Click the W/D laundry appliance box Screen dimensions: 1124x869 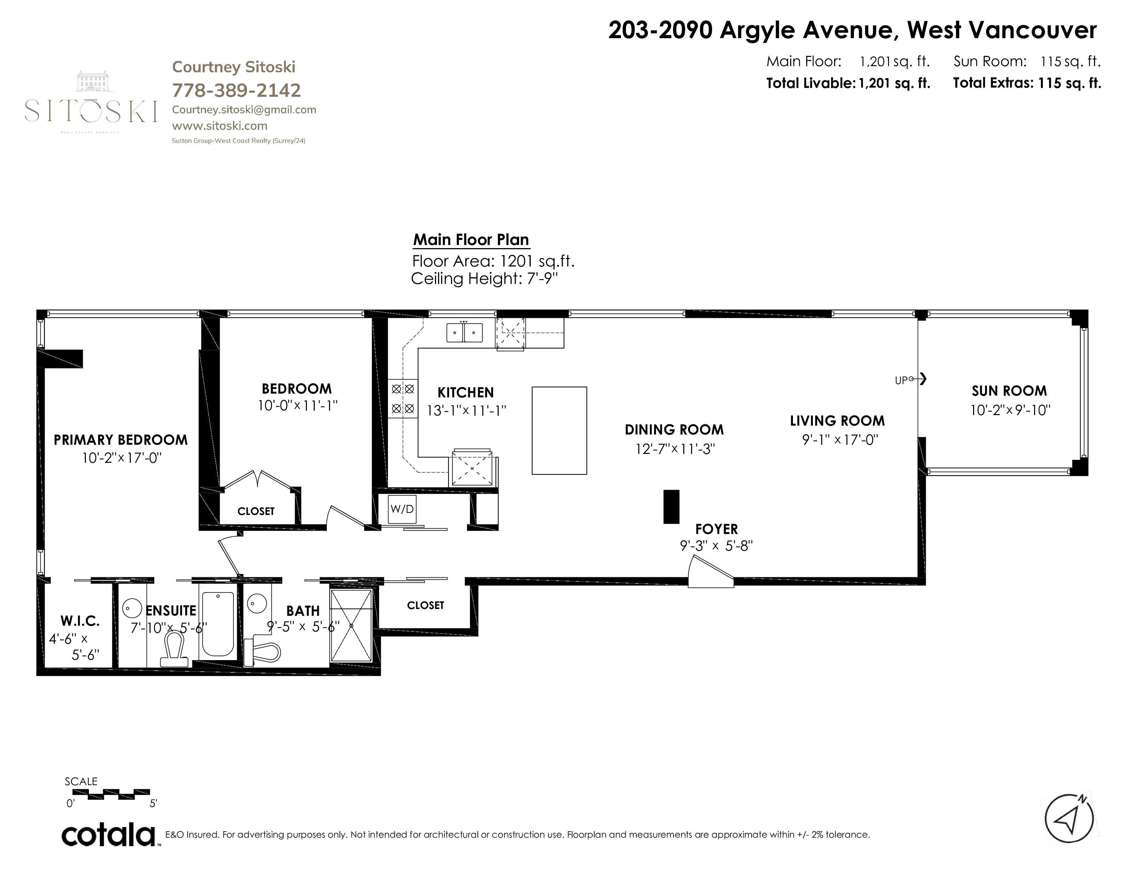[x=402, y=509]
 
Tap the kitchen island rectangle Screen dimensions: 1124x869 [x=559, y=430]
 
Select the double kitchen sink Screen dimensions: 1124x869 [x=464, y=332]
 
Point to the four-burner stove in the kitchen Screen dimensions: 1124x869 [x=403, y=399]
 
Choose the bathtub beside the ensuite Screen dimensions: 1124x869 [x=218, y=624]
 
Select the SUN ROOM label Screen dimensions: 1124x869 [x=1009, y=391]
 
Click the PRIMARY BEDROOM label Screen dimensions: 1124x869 [x=121, y=440]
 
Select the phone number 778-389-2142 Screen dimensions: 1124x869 [x=236, y=91]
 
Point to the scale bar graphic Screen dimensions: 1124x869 [x=119, y=794]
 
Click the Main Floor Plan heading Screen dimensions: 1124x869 [x=471, y=240]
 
